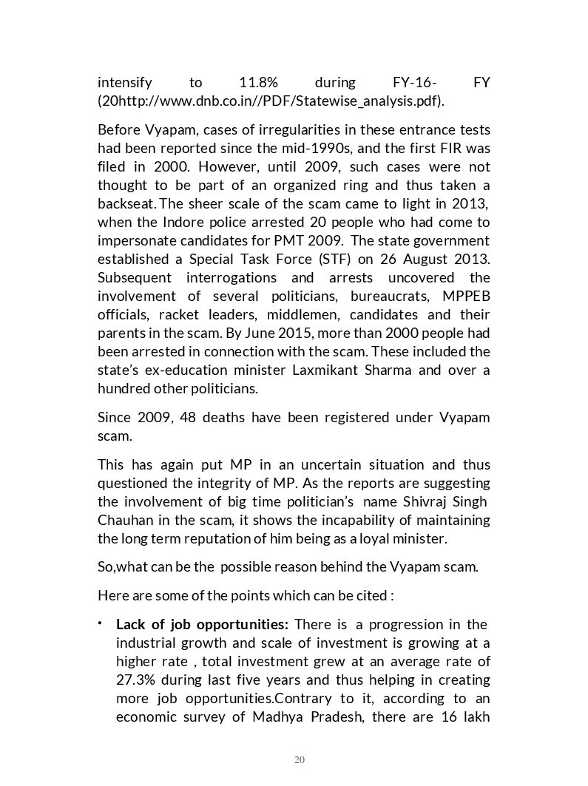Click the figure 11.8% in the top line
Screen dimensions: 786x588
tap(259, 82)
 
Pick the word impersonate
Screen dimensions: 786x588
tap(135, 240)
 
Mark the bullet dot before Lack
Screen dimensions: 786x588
tap(101, 624)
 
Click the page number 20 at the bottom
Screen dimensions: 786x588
tap(300, 760)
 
